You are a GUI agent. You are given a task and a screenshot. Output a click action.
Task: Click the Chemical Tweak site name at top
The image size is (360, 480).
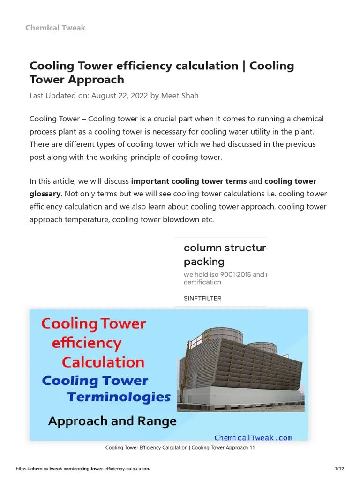55,28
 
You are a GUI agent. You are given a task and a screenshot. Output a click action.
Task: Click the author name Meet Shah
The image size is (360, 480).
180,96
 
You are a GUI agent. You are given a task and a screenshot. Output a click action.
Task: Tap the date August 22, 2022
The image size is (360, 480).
120,96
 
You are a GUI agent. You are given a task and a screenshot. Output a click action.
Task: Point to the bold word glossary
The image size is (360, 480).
45,194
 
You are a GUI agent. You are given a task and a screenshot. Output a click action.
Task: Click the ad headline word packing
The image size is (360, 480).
204,262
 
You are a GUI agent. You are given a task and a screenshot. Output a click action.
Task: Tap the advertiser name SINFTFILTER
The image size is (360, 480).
202,299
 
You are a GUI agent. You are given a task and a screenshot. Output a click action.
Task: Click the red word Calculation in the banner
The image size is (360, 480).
103,362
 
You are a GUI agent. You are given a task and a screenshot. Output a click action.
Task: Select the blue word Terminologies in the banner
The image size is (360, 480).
119,397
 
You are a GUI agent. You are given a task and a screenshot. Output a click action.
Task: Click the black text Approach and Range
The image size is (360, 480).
112,421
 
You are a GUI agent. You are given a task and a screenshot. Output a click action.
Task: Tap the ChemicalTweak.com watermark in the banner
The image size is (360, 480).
253,438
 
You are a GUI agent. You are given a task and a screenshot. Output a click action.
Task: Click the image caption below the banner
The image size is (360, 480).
180,448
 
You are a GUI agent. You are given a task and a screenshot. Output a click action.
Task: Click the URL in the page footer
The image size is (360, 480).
83,469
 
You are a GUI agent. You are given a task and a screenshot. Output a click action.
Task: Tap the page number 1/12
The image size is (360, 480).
339,469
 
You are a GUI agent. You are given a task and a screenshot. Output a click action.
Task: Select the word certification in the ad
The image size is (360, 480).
202,282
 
